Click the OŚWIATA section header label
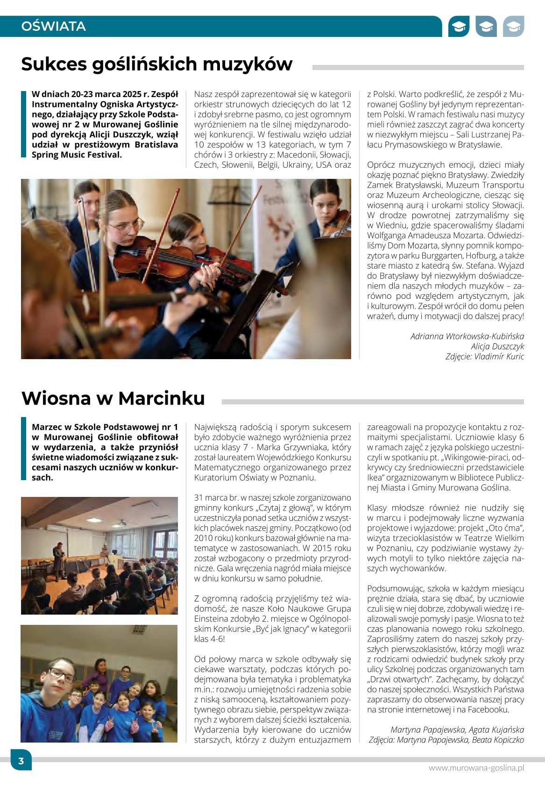pos(53,26)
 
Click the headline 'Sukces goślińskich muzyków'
pos(157,64)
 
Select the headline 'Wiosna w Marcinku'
pos(113,398)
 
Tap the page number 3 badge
pos(21,761)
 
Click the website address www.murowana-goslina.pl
pos(476,768)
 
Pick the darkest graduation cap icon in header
pos(459,27)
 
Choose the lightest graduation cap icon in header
pos(513,27)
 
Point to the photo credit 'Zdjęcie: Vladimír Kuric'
pos(484,356)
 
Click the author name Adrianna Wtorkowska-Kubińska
pos(467,336)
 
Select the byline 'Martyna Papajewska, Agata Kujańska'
pos(457,729)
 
